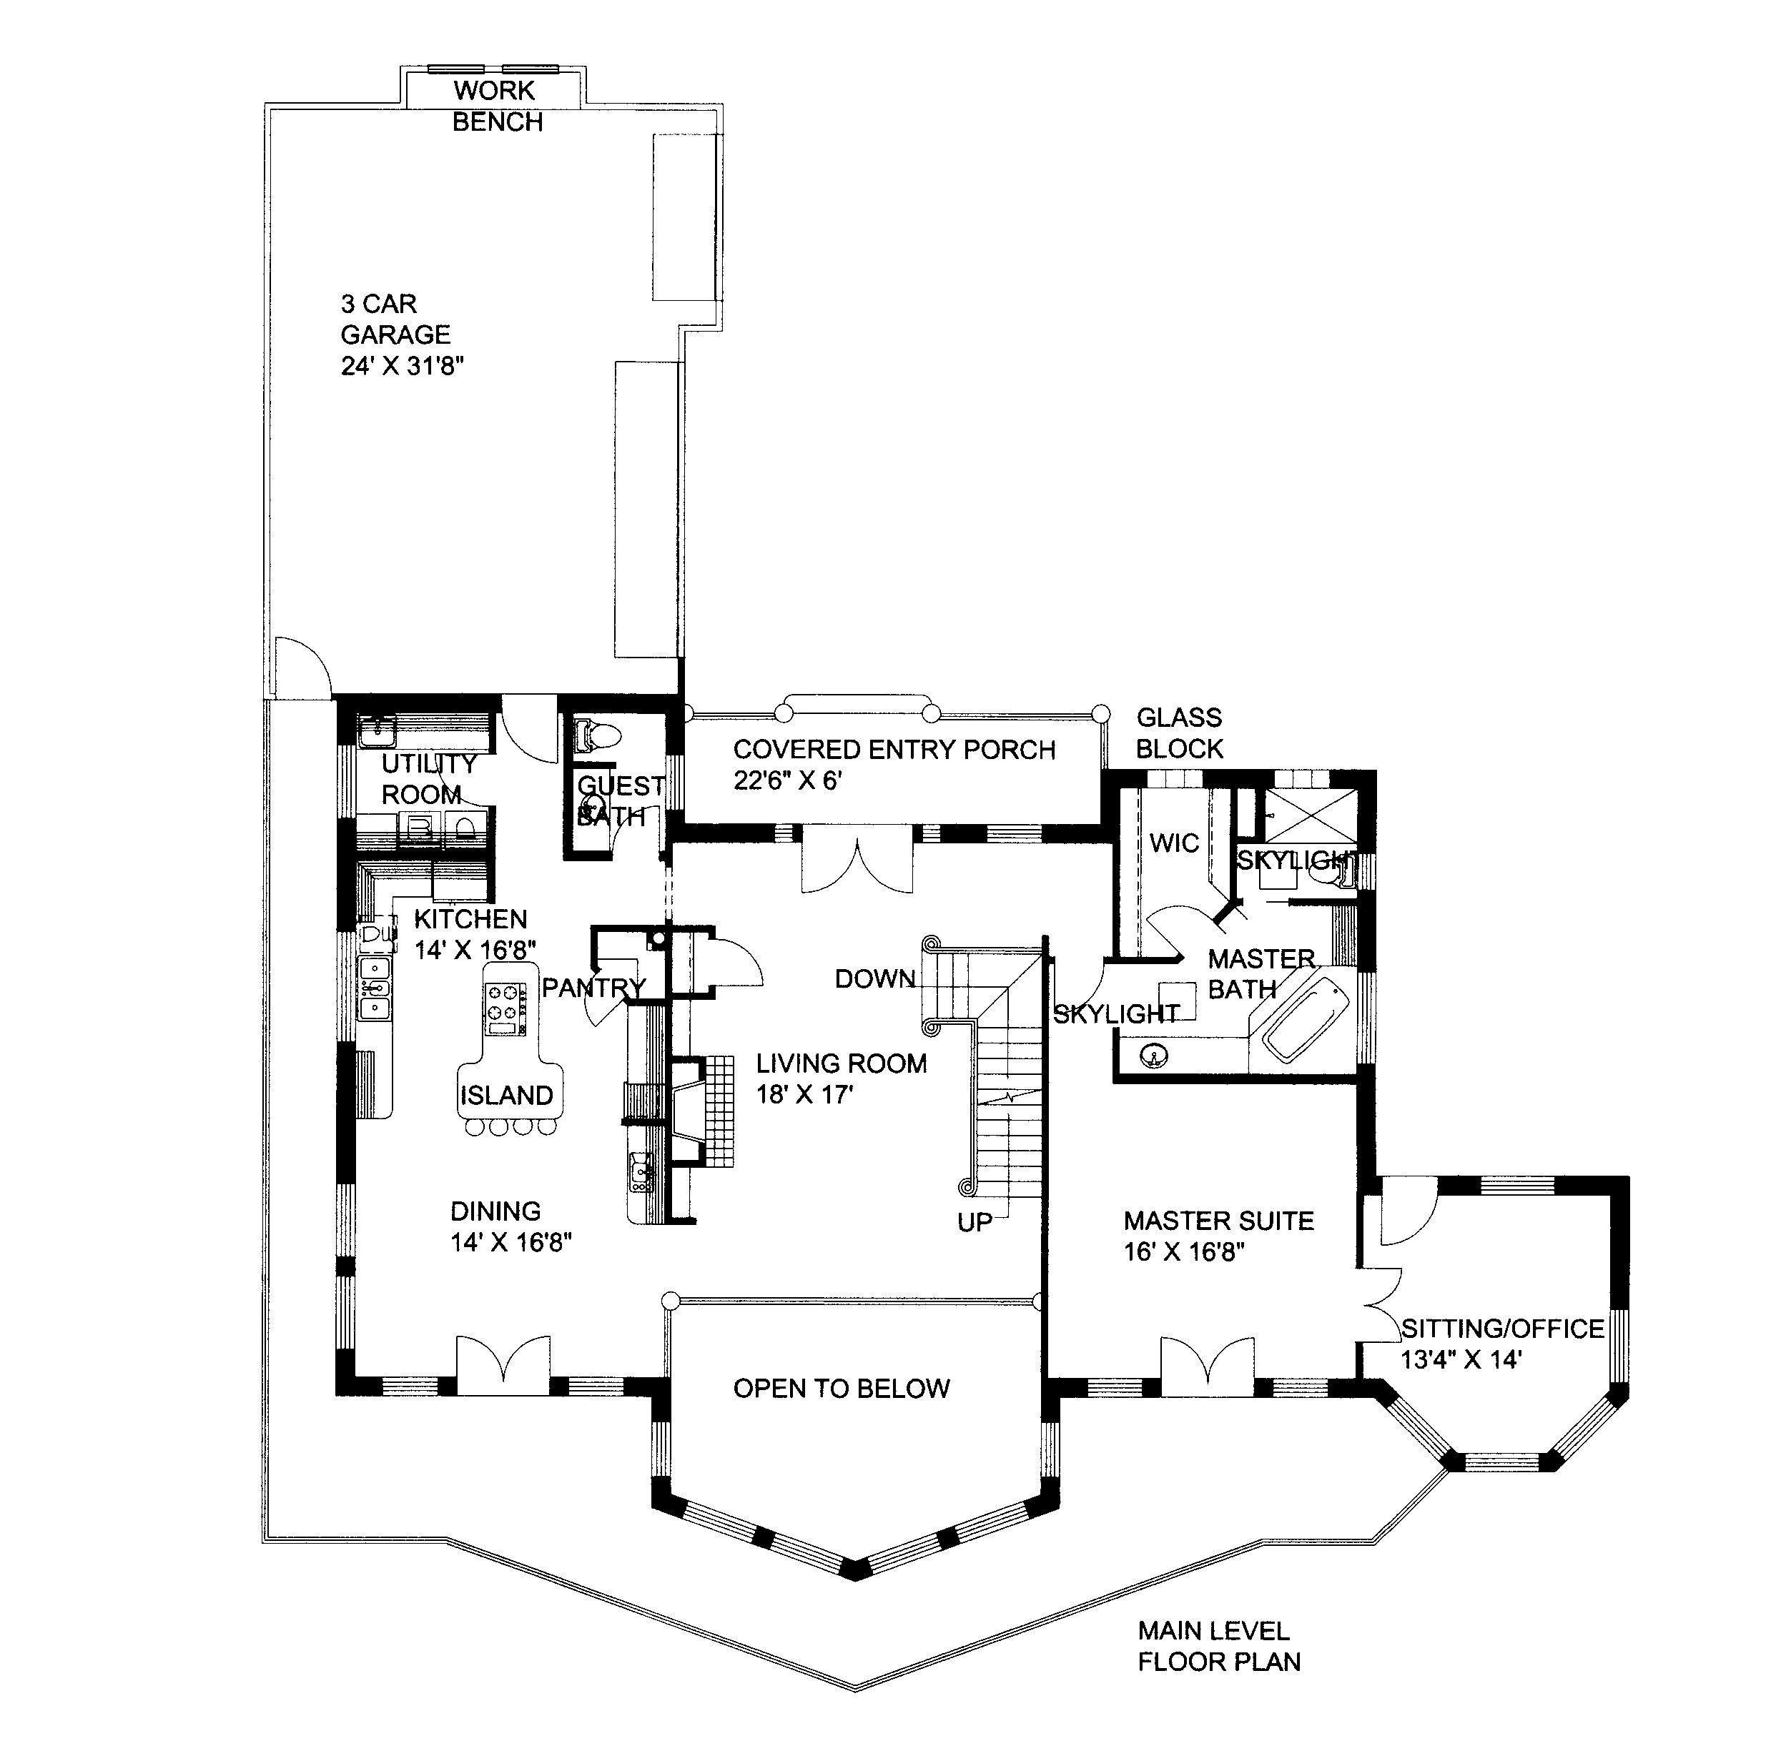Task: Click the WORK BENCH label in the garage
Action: (x=498, y=106)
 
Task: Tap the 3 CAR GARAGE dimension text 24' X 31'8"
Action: (x=402, y=366)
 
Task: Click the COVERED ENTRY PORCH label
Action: (x=894, y=749)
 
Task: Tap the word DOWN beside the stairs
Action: (x=874, y=979)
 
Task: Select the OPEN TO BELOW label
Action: (x=841, y=1388)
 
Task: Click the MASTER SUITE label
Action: (x=1218, y=1221)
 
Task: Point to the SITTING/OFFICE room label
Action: (x=1502, y=1328)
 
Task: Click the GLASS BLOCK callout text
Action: (x=1180, y=733)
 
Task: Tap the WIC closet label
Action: (x=1174, y=843)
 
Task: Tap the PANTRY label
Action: (x=593, y=987)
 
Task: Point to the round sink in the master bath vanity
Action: (x=1155, y=1055)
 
